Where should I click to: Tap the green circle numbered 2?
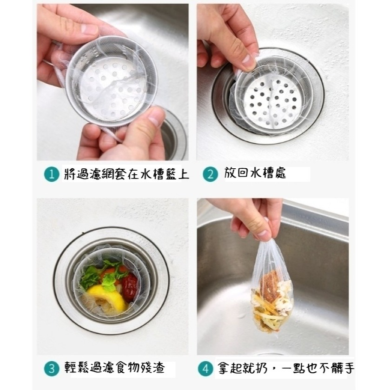[211, 175]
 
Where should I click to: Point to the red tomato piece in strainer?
[130, 281]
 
